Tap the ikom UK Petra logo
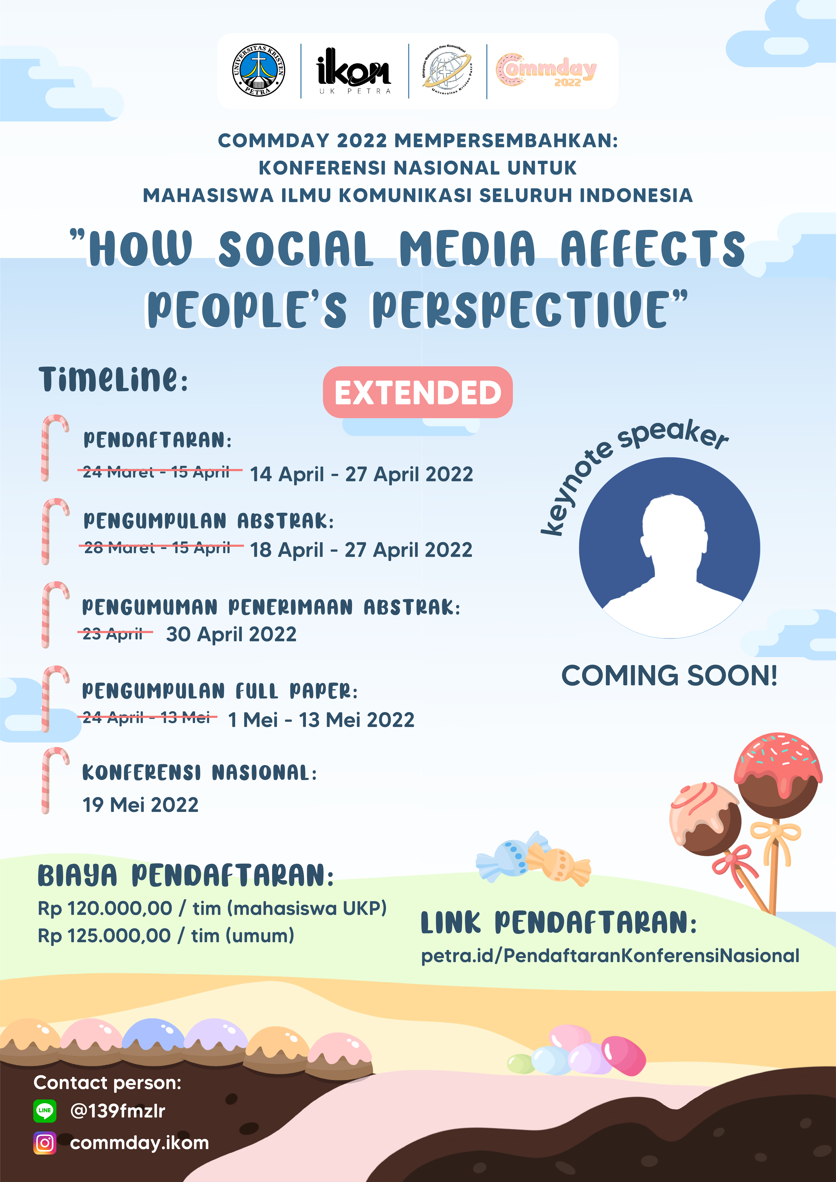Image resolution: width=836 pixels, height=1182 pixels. coord(354,71)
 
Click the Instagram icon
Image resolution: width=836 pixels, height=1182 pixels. coord(45,1143)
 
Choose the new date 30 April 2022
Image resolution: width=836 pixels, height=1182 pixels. coord(231,634)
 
